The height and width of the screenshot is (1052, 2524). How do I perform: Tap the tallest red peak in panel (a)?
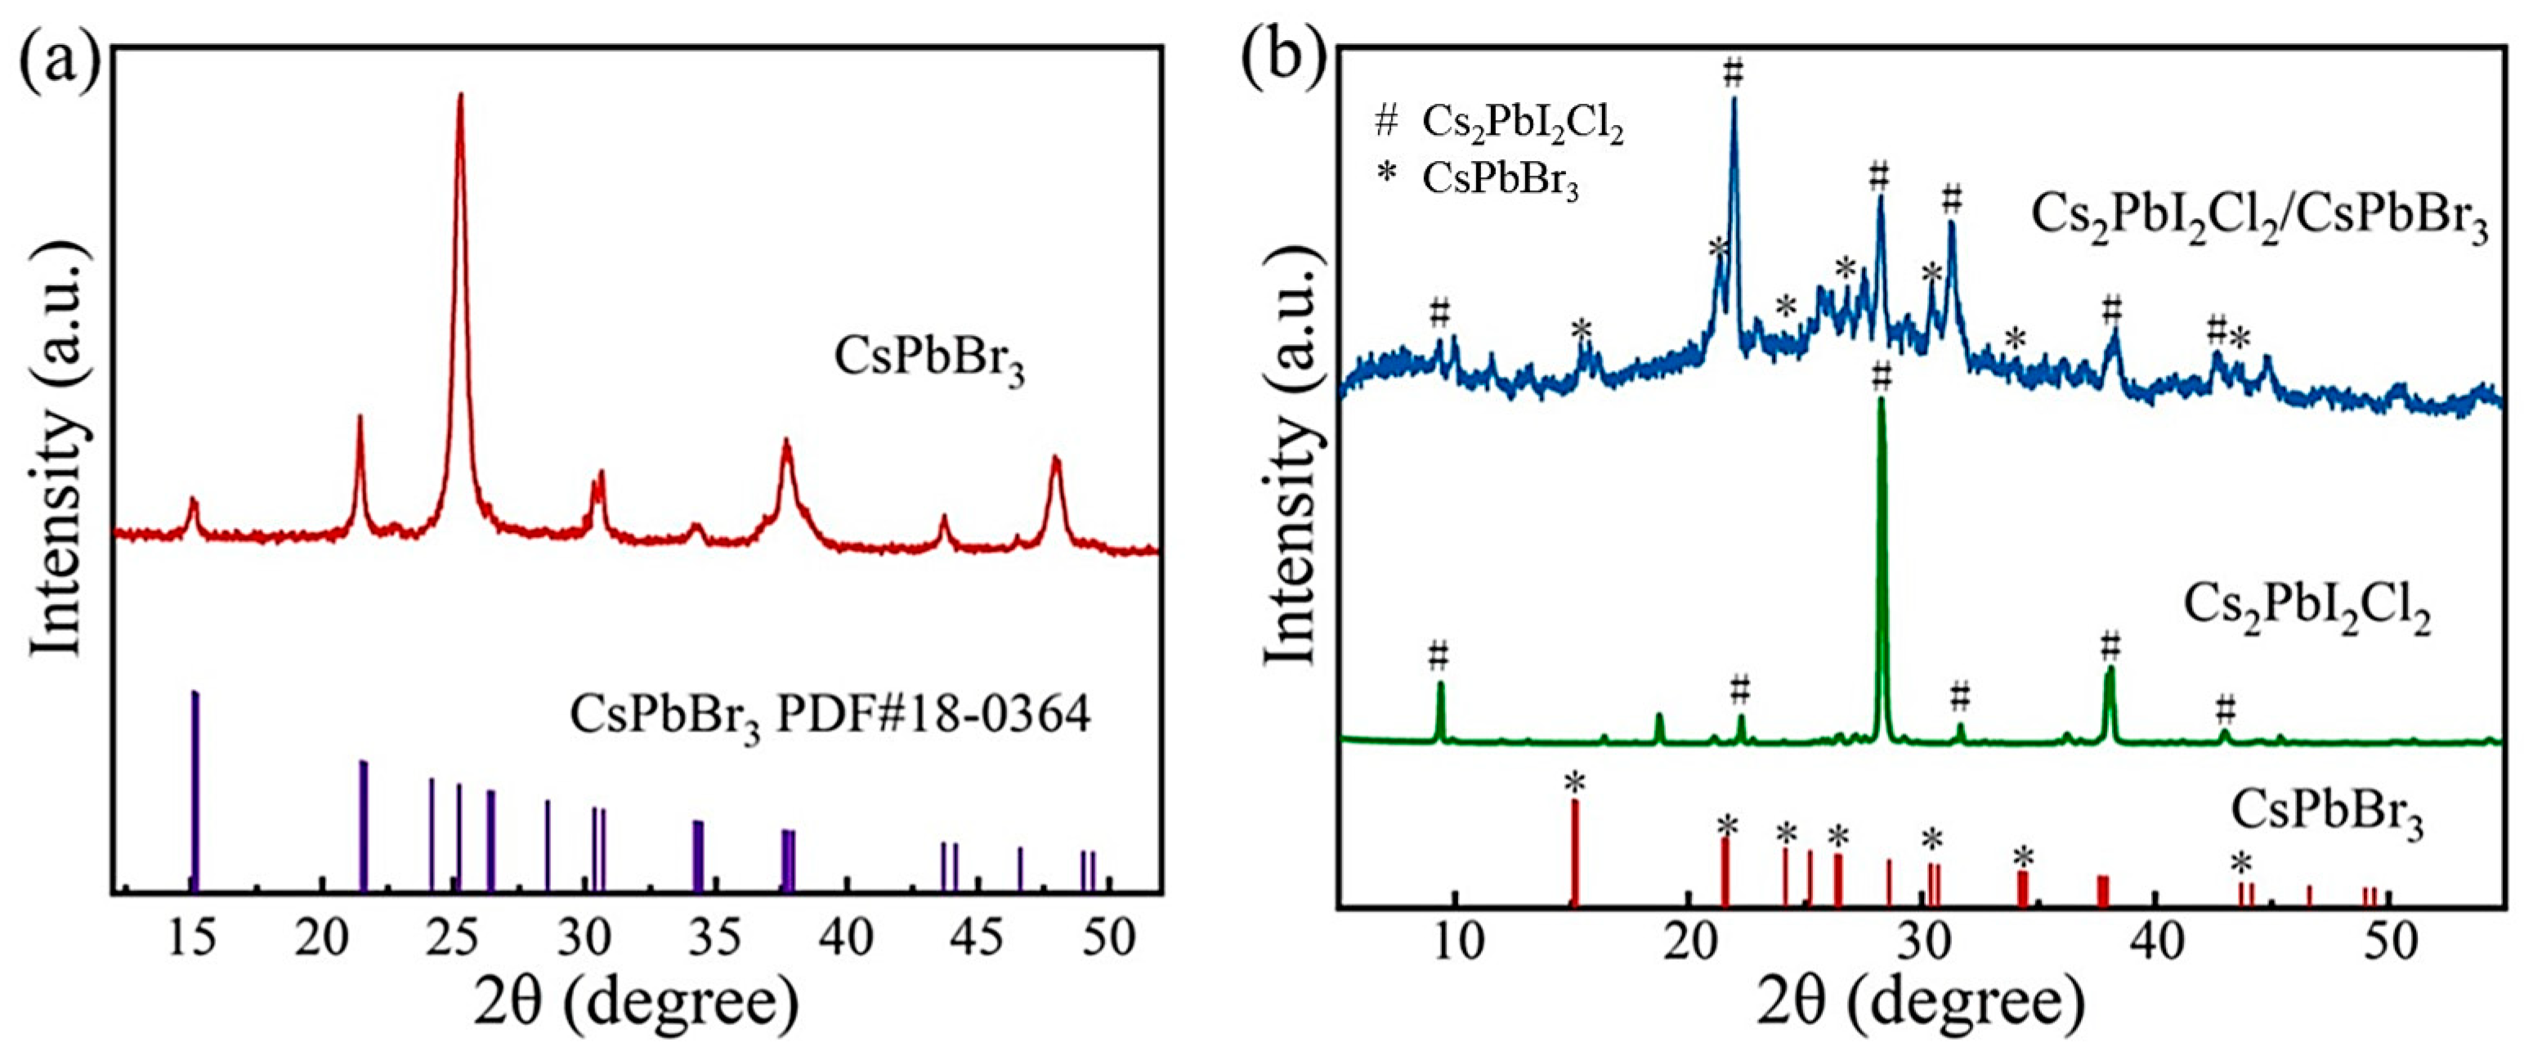point(459,98)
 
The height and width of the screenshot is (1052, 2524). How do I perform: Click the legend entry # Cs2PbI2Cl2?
point(1499,124)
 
